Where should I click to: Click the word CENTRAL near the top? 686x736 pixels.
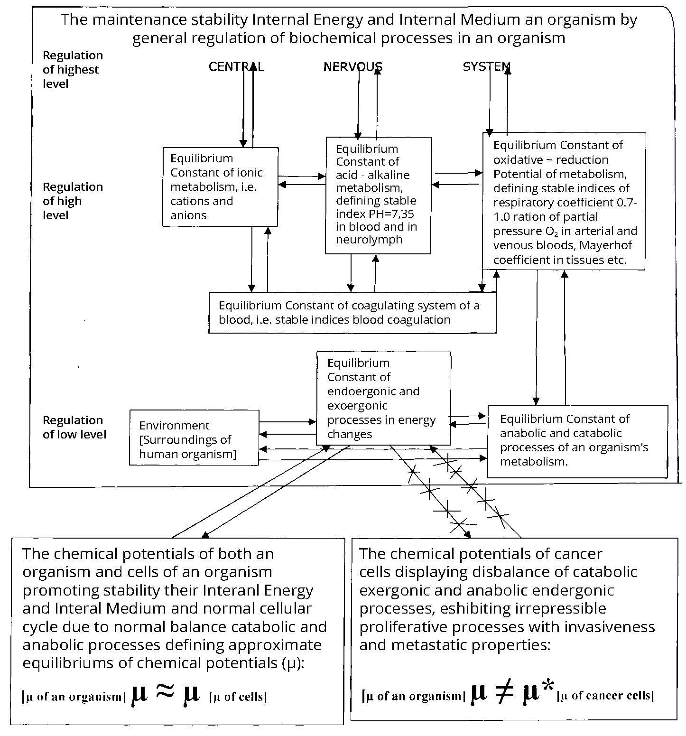click(236, 67)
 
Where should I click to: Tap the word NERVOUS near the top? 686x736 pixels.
click(353, 67)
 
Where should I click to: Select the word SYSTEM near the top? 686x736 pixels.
click(487, 67)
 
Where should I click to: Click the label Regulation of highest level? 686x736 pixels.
click(73, 69)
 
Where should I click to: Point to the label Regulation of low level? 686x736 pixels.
click(74, 427)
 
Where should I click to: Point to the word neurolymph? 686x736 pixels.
click(369, 240)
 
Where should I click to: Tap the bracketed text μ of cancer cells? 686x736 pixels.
click(605, 696)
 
